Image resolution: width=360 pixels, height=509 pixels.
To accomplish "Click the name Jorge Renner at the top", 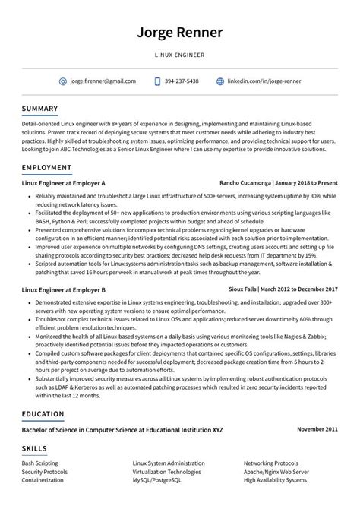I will [180, 33].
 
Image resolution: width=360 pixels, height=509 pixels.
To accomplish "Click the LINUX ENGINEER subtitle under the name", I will [180, 55].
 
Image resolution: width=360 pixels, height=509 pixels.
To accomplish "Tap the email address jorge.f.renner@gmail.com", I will [103, 81].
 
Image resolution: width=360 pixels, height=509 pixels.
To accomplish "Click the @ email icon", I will [62, 81].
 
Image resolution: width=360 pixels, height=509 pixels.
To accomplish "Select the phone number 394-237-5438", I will [182, 81].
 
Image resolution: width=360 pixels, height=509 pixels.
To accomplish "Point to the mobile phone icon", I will [158, 81].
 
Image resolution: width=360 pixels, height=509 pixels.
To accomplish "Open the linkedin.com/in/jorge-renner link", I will [264, 81].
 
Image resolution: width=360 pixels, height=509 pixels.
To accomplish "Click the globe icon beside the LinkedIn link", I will [220, 81].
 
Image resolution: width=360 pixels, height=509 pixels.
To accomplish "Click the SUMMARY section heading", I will [39, 109].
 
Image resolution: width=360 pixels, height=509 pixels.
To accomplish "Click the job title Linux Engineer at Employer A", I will [63, 184].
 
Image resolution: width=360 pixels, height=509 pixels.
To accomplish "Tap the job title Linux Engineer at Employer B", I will [63, 289].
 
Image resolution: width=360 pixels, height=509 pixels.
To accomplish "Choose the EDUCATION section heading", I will [43, 414].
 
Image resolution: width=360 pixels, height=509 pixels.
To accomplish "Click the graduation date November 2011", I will [317, 430].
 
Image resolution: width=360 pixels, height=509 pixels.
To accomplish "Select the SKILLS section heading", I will [34, 448].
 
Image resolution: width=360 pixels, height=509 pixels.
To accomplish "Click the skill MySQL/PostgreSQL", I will [157, 479].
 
